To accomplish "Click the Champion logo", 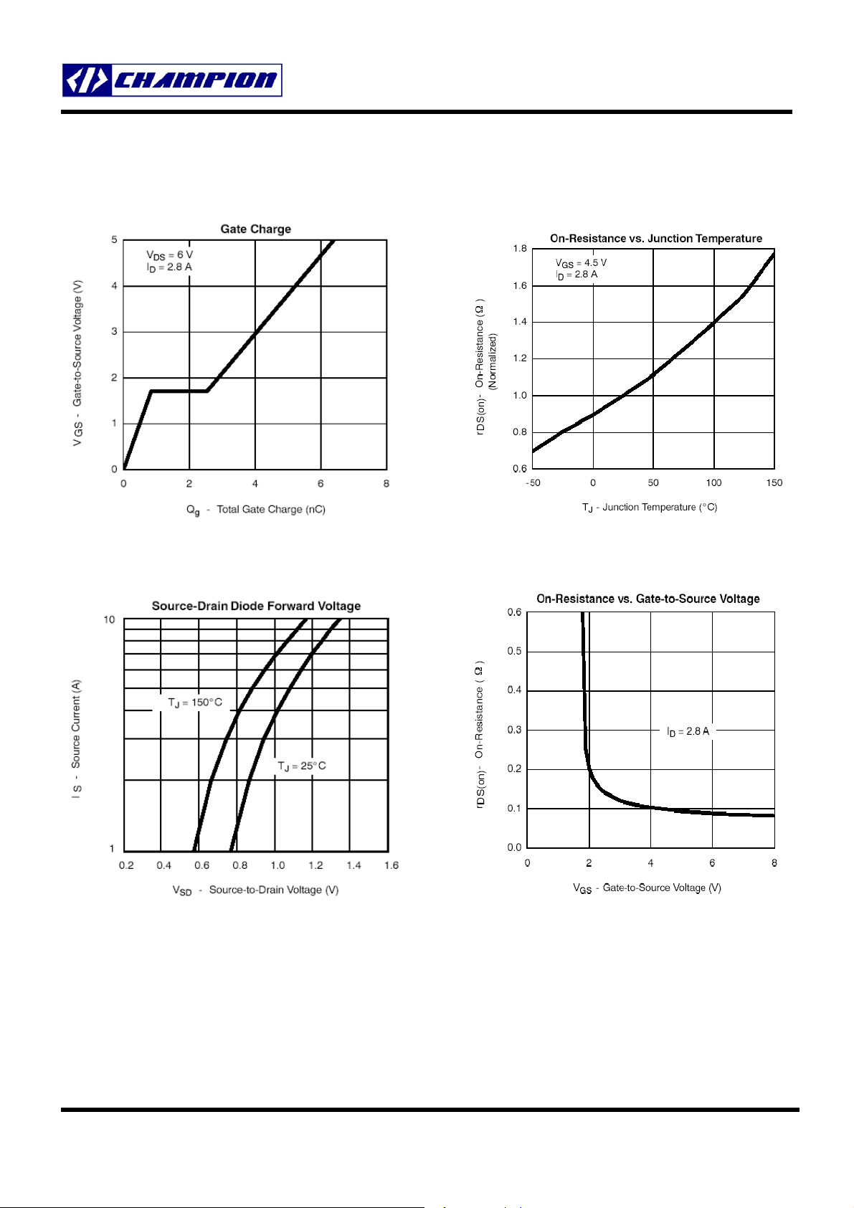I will tap(172, 80).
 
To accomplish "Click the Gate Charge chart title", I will tap(255, 229).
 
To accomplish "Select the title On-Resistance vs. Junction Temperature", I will tap(656, 239).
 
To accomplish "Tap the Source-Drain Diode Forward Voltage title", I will tap(256, 607).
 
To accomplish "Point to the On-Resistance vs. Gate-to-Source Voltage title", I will tap(648, 599).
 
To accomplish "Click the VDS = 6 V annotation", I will tap(170, 255).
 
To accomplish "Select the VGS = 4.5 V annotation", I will tap(581, 263).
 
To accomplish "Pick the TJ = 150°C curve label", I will tap(195, 703).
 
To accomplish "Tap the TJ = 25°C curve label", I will tap(302, 766).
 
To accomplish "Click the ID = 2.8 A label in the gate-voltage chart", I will tap(688, 731).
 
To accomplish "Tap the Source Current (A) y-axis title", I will tap(77, 738).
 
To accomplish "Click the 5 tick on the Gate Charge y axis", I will tap(114, 240).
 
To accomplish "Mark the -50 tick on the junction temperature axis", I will tap(533, 483).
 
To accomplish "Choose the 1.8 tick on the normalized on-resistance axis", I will tap(520, 249).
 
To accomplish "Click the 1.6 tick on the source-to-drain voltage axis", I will tap(391, 866).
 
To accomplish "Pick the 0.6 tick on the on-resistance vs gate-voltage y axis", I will tap(515, 612).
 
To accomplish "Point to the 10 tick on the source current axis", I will tap(109, 620).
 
